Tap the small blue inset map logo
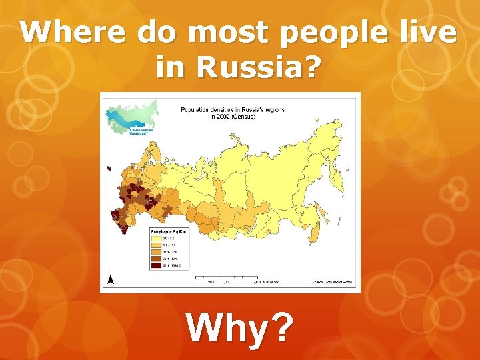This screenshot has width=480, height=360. [132, 117]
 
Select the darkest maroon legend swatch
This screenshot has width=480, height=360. [155, 265]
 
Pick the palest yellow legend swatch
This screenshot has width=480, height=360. [155, 236]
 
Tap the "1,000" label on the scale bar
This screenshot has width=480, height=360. [226, 281]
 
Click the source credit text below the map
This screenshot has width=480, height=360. [333, 282]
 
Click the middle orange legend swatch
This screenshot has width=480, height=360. [155, 251]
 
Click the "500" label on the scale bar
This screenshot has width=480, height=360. [210, 281]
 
